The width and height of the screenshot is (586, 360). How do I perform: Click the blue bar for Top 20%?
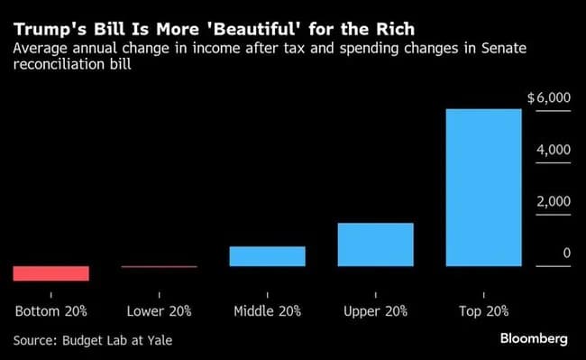[483, 188]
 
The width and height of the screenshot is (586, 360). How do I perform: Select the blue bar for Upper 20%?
[375, 245]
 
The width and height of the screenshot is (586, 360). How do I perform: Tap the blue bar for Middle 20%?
[267, 256]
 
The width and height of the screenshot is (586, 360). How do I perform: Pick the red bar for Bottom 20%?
[50, 273]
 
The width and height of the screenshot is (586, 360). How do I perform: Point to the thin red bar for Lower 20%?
[159, 267]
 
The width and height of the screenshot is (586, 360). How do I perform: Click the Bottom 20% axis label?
[51, 311]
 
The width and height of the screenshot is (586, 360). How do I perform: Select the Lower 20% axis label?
[159, 311]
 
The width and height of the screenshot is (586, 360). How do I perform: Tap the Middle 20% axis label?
[267, 311]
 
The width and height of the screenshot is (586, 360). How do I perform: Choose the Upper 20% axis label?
[375, 311]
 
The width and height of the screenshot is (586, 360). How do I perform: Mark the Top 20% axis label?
[483, 311]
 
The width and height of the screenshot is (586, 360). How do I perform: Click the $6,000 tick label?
[549, 98]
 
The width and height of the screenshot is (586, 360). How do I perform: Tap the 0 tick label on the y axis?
[567, 254]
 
